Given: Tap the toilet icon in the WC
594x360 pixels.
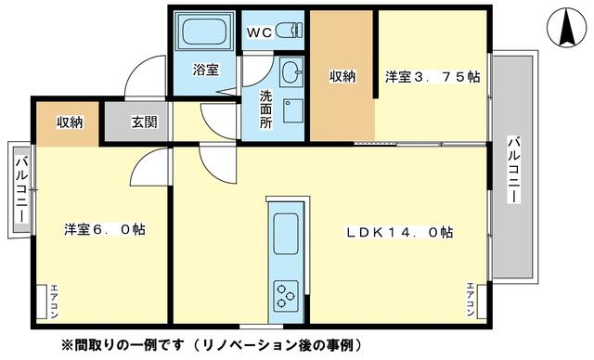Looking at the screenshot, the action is pyautogui.click(x=291, y=31).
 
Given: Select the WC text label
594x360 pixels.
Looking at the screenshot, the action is pyautogui.click(x=260, y=32).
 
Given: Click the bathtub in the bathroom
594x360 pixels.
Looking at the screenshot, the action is pyautogui.click(x=205, y=31).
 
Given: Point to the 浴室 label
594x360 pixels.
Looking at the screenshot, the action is pyautogui.click(x=206, y=70).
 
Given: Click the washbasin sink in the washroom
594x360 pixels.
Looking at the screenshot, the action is pyautogui.click(x=291, y=71).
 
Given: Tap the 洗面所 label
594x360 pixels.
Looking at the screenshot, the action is pyautogui.click(x=266, y=109).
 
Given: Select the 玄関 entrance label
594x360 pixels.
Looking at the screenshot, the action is pyautogui.click(x=145, y=122).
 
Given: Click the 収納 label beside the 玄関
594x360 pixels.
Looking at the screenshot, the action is pyautogui.click(x=70, y=122).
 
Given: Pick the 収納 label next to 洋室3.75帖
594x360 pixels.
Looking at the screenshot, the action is pyautogui.click(x=342, y=76).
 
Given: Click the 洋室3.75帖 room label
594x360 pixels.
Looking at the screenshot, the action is pyautogui.click(x=433, y=77).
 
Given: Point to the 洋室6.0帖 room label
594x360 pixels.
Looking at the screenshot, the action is pyautogui.click(x=105, y=229).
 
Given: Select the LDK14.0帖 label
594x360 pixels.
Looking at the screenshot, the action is pyautogui.click(x=399, y=232).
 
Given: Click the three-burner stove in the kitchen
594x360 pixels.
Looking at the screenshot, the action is pyautogui.click(x=286, y=295).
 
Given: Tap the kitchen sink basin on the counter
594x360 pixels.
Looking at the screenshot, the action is pyautogui.click(x=286, y=234).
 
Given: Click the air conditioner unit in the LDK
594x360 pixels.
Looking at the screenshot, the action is pyautogui.click(x=482, y=302).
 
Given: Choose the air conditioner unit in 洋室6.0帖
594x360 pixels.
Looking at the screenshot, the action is pyautogui.click(x=41, y=302).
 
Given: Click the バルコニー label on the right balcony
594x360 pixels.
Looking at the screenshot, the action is pyautogui.click(x=513, y=170).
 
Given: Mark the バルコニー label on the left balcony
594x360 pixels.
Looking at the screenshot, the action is pyautogui.click(x=21, y=189).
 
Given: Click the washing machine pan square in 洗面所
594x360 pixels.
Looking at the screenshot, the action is pyautogui.click(x=293, y=111).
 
